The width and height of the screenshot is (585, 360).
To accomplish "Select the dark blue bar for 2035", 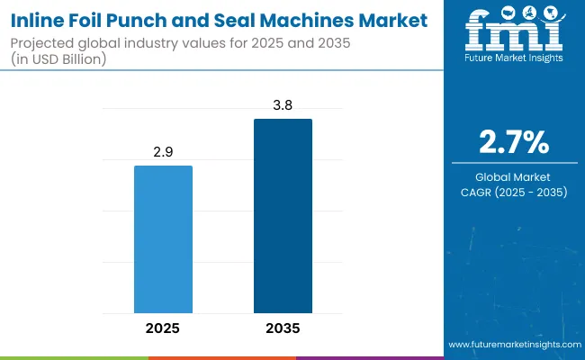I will coord(283,215).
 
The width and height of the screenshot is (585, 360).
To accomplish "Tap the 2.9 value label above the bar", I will coord(163,152).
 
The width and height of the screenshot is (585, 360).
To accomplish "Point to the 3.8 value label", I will coord(283,104).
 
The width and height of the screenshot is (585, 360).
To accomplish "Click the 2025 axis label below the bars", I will coord(163,328).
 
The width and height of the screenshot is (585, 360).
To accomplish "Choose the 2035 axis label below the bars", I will coord(283,328).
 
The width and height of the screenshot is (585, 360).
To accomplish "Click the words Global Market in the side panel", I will coord(511,176).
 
